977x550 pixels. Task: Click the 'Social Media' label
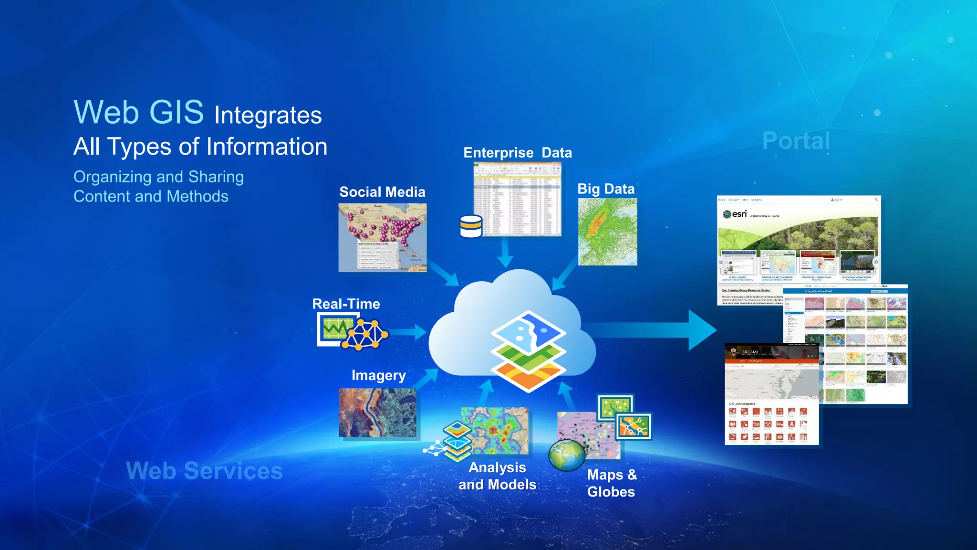click(382, 192)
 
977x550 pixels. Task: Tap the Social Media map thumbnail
click(382, 237)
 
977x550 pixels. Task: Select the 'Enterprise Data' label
click(517, 153)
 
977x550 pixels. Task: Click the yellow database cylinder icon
click(471, 226)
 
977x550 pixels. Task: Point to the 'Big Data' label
click(606, 189)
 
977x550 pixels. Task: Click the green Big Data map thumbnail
click(607, 232)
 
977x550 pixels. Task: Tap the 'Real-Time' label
click(346, 304)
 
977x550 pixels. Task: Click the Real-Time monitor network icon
click(352, 331)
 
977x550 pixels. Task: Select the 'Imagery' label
click(378, 375)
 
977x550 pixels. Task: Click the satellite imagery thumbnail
click(377, 412)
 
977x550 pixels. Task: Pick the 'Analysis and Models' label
click(497, 476)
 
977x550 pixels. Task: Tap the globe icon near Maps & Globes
click(566, 455)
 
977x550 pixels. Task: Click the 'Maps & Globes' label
click(612, 483)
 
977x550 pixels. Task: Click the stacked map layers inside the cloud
click(528, 351)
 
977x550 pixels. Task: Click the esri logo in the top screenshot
click(735, 214)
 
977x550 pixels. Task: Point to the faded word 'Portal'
click(796, 141)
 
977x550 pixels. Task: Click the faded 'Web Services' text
click(204, 471)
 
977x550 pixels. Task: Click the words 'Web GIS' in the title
click(138, 113)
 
